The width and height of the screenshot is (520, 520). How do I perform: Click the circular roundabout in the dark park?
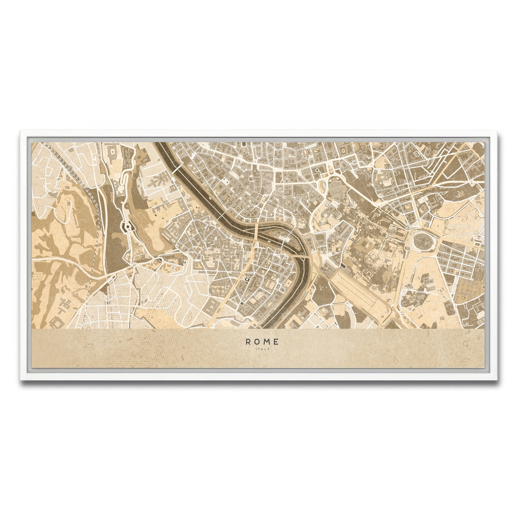pyautogui.click(x=128, y=226)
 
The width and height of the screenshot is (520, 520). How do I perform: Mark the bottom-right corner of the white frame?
pyautogui.click(x=499, y=380)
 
